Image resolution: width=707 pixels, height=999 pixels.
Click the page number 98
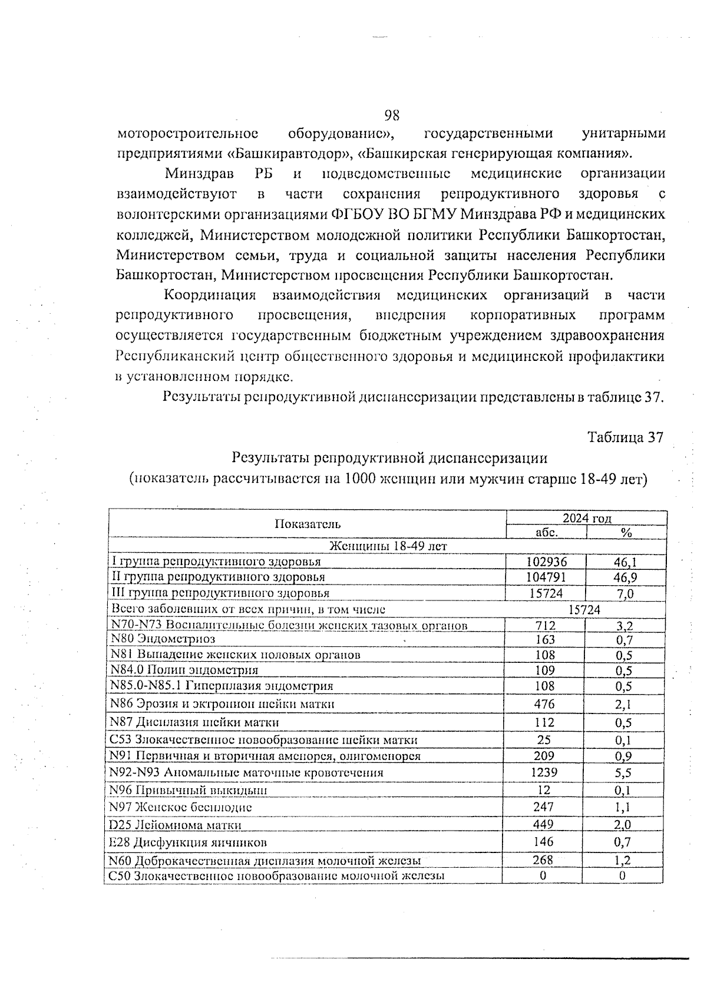click(392, 114)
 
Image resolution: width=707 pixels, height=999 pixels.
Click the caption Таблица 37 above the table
click(625, 437)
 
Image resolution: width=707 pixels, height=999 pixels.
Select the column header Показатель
click(308, 524)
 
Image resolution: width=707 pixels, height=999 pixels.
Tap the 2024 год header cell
click(587, 518)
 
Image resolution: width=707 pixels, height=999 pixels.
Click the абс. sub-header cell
click(546, 532)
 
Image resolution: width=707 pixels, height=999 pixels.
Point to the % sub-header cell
click(626, 532)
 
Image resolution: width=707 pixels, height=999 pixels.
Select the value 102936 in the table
click(546, 562)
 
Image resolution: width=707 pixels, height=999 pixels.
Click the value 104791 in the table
click(546, 578)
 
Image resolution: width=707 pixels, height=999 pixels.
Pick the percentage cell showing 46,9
click(625, 578)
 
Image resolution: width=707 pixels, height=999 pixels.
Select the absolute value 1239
click(543, 772)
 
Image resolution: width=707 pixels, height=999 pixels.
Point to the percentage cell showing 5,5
click(623, 772)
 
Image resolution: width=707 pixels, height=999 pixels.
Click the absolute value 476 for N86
click(544, 703)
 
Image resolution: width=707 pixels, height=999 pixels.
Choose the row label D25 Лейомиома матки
click(176, 825)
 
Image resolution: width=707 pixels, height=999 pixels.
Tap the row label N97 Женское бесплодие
click(181, 807)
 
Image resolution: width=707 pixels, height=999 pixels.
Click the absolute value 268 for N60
click(543, 860)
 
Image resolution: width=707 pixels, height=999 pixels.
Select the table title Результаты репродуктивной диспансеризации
click(389, 457)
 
